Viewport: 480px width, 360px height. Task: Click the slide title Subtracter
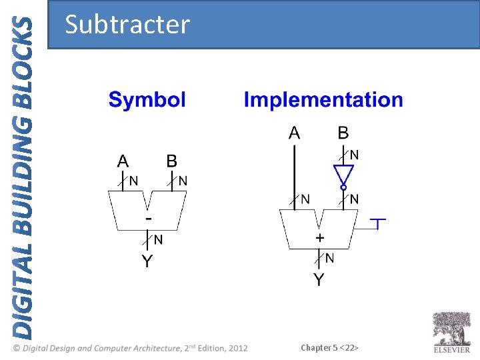coord(127,25)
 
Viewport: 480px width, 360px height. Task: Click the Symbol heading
coord(147,100)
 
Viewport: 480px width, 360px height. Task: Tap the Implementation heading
coord(323,100)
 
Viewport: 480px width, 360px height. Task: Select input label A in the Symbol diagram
coord(123,161)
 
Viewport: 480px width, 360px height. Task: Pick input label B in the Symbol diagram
coord(172,161)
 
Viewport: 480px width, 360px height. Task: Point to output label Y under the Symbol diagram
coord(147,261)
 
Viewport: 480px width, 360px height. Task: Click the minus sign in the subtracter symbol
coord(149,218)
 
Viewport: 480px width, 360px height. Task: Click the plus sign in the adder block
coord(320,237)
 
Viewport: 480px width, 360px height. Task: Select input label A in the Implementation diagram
coord(294,133)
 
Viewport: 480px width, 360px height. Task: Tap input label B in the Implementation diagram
coord(343,133)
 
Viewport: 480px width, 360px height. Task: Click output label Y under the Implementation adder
coord(319,280)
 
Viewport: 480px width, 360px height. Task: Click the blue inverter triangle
coord(343,175)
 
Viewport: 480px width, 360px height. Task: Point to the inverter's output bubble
coord(343,188)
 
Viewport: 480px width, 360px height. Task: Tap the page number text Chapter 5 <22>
coord(329,348)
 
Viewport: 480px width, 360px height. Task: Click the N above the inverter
coord(355,155)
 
